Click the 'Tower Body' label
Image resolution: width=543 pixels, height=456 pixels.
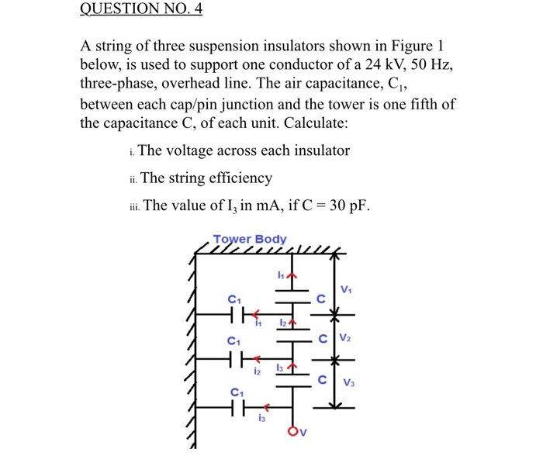(x=249, y=240)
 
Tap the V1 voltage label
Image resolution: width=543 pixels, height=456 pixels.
(x=346, y=290)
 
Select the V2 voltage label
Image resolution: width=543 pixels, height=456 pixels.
(x=346, y=339)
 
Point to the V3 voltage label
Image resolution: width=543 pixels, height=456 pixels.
(x=349, y=382)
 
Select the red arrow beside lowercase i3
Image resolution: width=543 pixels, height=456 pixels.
(x=265, y=406)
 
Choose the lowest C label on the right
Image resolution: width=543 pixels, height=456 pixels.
(x=320, y=380)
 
